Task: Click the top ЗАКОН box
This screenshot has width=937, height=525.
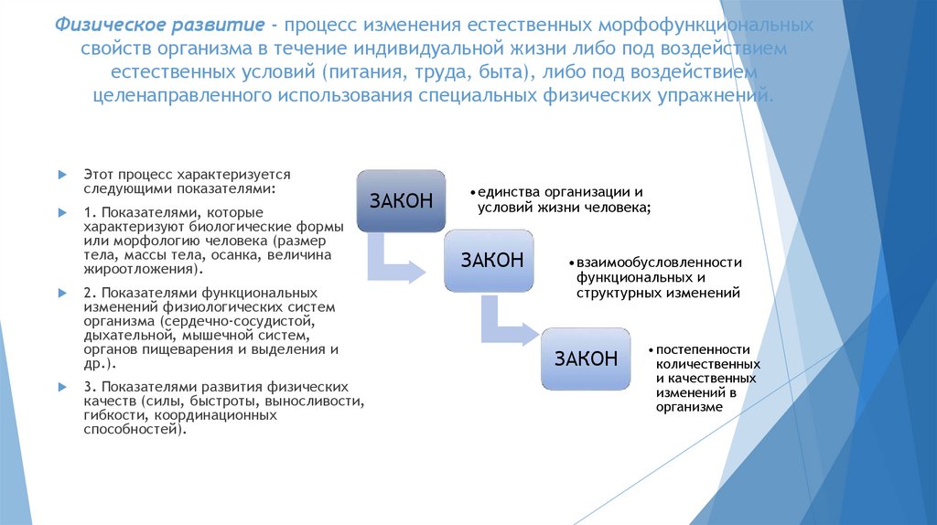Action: coord(401,201)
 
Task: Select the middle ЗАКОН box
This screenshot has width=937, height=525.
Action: coord(491,261)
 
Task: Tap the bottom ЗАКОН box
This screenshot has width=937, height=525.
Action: coord(586,359)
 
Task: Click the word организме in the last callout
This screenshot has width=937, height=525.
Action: coord(689,407)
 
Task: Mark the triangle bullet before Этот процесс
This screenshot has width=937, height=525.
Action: coord(59,173)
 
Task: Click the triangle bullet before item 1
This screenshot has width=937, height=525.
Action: coord(59,212)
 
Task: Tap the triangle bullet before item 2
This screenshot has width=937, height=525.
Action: coord(59,293)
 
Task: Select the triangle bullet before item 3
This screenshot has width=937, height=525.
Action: coord(59,387)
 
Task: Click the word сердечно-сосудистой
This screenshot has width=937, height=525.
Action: coord(253,322)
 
